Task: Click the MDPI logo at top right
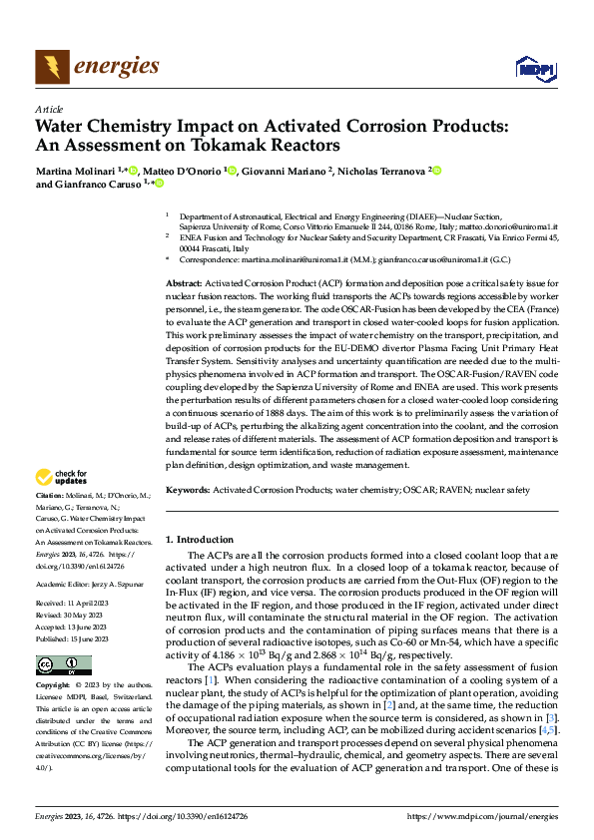click(533, 68)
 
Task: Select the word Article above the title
click(49, 109)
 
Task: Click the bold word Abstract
click(185, 284)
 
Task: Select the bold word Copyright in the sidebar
click(54, 686)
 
